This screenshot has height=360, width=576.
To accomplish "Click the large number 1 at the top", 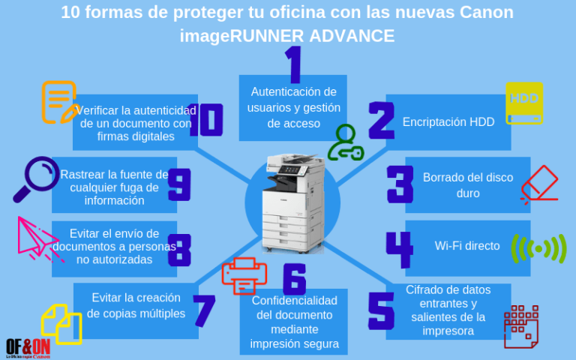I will pyautogui.click(x=293, y=65).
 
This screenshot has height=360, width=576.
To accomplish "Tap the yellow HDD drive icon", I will pyautogui.click(x=524, y=103).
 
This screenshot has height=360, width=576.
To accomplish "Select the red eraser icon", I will pyautogui.click(x=540, y=184).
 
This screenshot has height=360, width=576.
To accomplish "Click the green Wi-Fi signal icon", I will pyautogui.click(x=538, y=249).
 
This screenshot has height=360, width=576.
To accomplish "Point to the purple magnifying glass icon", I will pyautogui.click(x=36, y=178).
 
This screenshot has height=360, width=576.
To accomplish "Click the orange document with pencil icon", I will pyautogui.click(x=58, y=102).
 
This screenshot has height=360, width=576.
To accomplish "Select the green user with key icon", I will pyautogui.click(x=346, y=142).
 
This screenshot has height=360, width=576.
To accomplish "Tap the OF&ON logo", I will pyautogui.click(x=28, y=347).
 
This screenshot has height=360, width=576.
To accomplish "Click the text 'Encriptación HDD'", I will pyautogui.click(x=448, y=121).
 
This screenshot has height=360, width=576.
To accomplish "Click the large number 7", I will pyautogui.click(x=203, y=310).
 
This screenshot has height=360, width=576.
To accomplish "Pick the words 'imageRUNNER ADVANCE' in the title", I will pyautogui.click(x=287, y=35).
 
